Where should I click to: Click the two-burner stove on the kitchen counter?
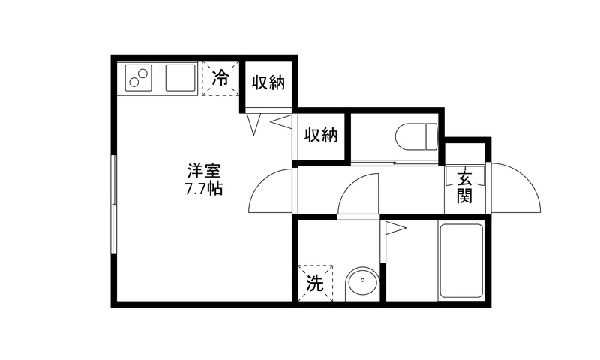coord(138,78)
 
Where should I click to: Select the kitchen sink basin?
coord(181,78)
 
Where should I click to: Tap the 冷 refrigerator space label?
coord(220,78)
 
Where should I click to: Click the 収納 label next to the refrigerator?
coord(268,82)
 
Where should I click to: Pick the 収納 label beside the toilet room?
coord(321,135)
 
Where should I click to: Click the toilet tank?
coord(432,137)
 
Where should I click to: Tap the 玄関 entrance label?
coord(464,186)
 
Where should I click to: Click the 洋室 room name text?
coord(204,171)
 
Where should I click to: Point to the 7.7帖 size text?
coord(204,189)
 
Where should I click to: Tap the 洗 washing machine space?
coord(316,283)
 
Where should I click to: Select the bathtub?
coord(461,261)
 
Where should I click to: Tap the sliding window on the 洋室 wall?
coord(114,203)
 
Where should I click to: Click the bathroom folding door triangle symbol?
coord(396,229)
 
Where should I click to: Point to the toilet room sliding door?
coord(395,163)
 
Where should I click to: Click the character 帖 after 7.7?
coord(215,189)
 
